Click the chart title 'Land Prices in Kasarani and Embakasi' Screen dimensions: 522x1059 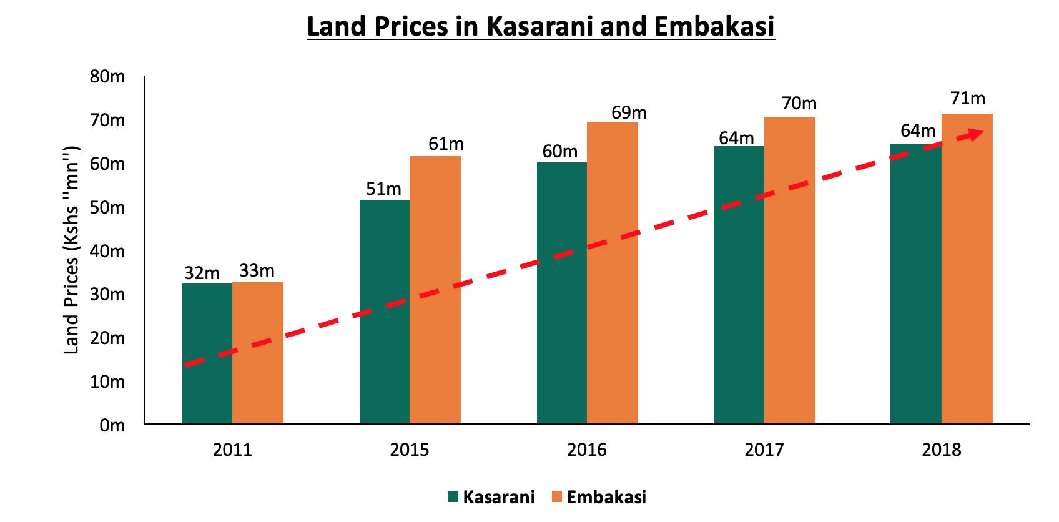pos(541,27)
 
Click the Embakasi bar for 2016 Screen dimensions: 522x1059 pos(613,312)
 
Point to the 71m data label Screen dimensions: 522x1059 pos(968,99)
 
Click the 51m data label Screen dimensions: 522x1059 pos(383,189)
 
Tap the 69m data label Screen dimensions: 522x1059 pos(629,113)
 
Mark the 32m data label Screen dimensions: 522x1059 pos(202,273)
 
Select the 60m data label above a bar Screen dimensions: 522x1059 pos(559,152)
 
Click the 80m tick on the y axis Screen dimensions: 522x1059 pos(107,77)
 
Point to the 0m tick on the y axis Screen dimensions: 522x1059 pos(112,426)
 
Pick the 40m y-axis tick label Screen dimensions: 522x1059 pos(107,252)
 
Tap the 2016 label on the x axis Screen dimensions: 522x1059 pos(587,450)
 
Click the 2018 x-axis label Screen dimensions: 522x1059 pos(942,450)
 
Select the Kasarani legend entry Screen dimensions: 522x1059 pos(492,497)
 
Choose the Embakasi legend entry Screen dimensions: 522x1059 pos(599,497)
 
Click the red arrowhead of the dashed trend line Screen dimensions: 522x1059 pos(975,134)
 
